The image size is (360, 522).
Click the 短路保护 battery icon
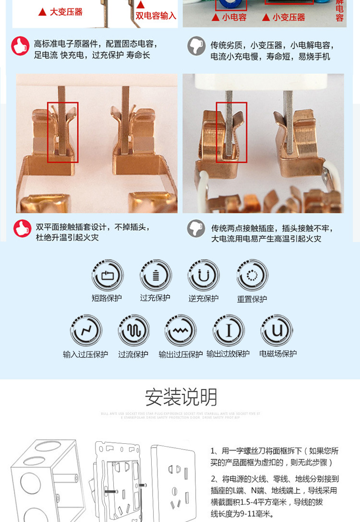(x=108, y=276)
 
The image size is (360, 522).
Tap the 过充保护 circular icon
(x=156, y=275)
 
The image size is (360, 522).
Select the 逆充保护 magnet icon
(x=204, y=276)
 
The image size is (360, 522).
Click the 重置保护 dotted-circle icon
(x=252, y=276)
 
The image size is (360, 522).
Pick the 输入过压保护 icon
(x=86, y=330)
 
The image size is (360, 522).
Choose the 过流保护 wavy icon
(x=134, y=330)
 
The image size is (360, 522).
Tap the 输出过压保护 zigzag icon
(x=180, y=330)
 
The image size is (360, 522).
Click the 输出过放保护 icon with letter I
(x=228, y=330)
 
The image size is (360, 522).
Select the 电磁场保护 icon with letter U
(x=277, y=330)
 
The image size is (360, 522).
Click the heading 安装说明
(x=181, y=398)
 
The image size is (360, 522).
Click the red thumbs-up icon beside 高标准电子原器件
(x=21, y=46)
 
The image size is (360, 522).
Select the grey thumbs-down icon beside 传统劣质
(x=196, y=46)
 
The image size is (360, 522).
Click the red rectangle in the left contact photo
(x=62, y=132)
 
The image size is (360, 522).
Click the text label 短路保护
(x=107, y=298)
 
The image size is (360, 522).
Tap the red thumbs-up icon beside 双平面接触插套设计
(x=22, y=228)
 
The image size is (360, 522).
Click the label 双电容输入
(x=156, y=16)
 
